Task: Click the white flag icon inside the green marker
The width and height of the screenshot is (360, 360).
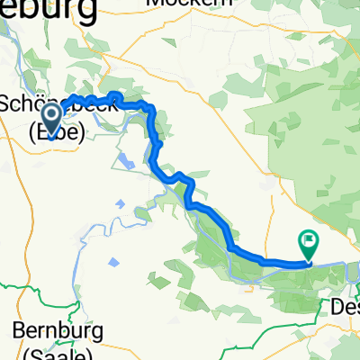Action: pos(309,240)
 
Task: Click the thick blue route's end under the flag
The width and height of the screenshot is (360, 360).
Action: pos(307,263)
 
